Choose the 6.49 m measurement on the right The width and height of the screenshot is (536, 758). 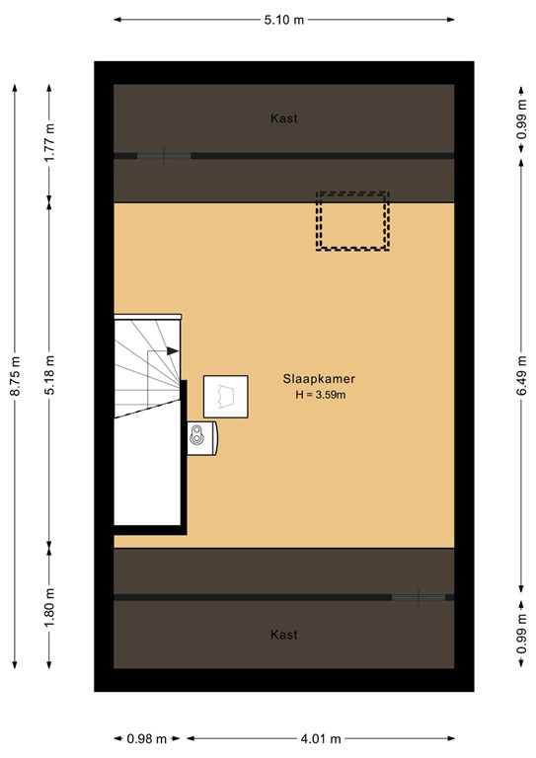[x=520, y=375]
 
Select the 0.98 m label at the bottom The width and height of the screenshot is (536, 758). [x=146, y=738]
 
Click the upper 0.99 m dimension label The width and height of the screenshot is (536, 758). [x=520, y=118]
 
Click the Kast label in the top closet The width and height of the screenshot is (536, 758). [x=283, y=118]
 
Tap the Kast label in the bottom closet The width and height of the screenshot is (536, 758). [x=283, y=635]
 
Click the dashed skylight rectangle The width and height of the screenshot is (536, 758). [x=352, y=220]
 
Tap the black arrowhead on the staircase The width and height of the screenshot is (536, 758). [x=173, y=350]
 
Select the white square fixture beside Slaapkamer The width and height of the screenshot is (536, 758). [x=225, y=397]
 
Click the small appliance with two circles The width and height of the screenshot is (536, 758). [x=202, y=436]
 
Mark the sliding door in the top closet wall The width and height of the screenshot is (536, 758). [x=163, y=156]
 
